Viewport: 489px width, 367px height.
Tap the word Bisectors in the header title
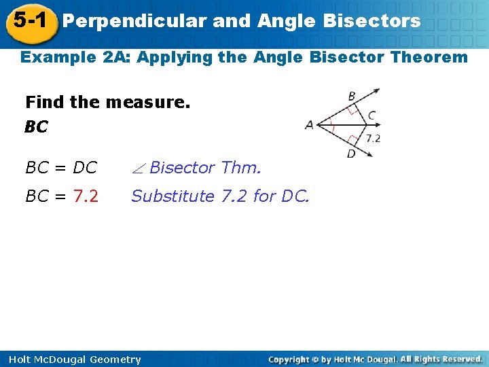click(x=373, y=21)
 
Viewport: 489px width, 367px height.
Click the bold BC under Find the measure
click(x=36, y=127)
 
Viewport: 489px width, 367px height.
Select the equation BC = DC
click(x=61, y=167)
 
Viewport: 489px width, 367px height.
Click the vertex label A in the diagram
click(x=310, y=125)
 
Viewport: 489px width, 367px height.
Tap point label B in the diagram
click(x=352, y=97)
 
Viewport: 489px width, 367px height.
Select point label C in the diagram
click(x=372, y=116)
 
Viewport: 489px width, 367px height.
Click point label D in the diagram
click(x=351, y=154)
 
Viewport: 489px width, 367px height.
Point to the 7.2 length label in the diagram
click(x=373, y=138)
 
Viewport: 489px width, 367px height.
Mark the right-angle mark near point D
click(x=351, y=141)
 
